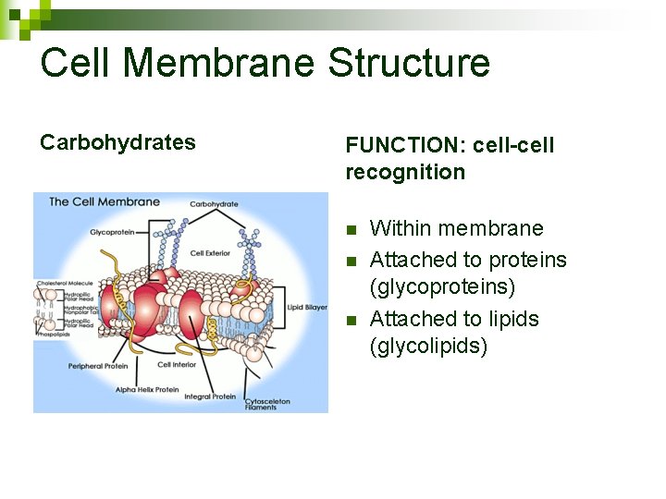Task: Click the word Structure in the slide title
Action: coord(409,63)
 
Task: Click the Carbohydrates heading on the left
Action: coord(117,142)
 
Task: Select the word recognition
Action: coord(405,172)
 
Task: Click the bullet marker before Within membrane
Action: coord(351,229)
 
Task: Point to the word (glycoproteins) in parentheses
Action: coord(442,287)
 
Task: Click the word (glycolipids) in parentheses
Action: coord(428,347)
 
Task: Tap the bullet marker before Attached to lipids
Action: coord(351,320)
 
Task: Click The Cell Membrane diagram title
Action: coord(104,201)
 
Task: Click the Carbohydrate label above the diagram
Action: coord(214,203)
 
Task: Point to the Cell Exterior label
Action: coord(210,252)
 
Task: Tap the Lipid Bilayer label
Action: coord(308,307)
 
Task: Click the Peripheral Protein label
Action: coord(97,366)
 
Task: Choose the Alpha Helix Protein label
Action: coord(148,389)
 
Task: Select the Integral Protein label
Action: coord(211,396)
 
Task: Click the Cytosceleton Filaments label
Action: coord(261,404)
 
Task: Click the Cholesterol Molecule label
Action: coord(64,283)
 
